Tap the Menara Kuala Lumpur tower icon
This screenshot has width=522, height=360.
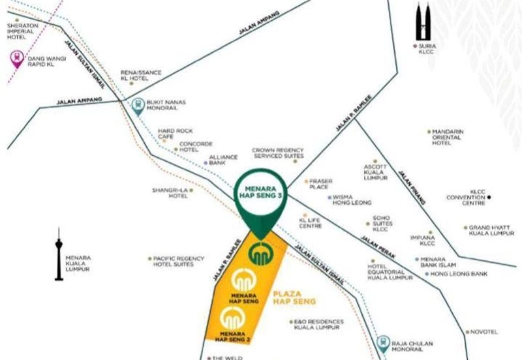coord(59,254)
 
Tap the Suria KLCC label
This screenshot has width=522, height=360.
coord(427,48)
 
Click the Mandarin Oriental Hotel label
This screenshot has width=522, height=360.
coord(447,137)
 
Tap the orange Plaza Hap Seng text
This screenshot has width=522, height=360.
coord(294,298)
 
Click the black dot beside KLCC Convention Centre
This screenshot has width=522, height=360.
coord(489,197)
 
